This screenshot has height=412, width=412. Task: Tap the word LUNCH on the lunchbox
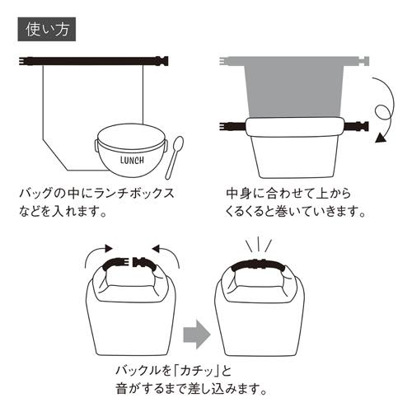(131, 159)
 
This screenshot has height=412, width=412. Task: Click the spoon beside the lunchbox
(172, 160)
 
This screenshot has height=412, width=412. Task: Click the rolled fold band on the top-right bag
(295, 128)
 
